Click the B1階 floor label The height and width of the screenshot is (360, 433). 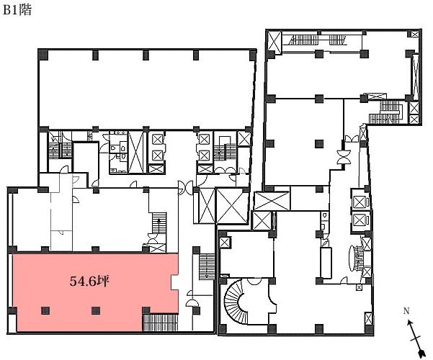[x=17, y=10]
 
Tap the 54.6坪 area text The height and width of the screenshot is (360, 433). [x=89, y=282]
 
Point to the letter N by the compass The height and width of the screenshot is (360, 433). [x=406, y=311]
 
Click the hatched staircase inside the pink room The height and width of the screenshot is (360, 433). [x=160, y=322]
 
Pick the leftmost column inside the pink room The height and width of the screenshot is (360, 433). [x=45, y=310]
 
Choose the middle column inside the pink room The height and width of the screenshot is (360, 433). [x=96, y=310]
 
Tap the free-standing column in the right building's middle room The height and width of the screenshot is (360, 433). [x=319, y=143]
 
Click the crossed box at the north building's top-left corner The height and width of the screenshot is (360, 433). [x=274, y=42]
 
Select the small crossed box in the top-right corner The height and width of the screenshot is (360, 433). [x=415, y=35]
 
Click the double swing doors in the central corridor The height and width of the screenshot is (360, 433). [x=185, y=188]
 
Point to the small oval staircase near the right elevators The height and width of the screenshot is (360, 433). [x=356, y=258]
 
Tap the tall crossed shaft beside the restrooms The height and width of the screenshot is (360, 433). [x=136, y=152]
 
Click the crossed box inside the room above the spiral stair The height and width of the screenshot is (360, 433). [x=224, y=243]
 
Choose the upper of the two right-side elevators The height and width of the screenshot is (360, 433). [x=360, y=202]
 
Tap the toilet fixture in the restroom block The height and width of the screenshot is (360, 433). [x=113, y=148]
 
